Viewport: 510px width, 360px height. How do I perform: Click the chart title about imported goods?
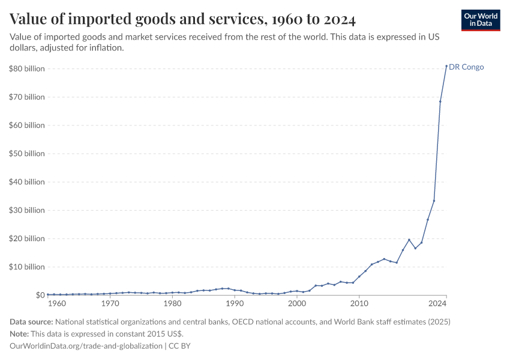pyautogui.click(x=183, y=20)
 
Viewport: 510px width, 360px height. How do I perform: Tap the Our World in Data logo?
pyautogui.click(x=481, y=20)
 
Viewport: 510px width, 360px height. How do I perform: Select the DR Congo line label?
pyautogui.click(x=466, y=67)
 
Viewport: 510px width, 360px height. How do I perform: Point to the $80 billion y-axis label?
pyautogui.click(x=27, y=69)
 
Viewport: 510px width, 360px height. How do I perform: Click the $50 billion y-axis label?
pyautogui.click(x=27, y=154)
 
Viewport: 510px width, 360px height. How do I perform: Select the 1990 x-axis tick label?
pyautogui.click(x=235, y=304)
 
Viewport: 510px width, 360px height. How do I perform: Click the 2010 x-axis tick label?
pyautogui.click(x=359, y=304)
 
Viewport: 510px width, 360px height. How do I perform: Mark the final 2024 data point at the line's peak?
pyautogui.click(x=446, y=66)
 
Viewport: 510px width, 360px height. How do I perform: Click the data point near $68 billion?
pyautogui.click(x=440, y=101)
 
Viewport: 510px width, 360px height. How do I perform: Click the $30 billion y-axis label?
pyautogui.click(x=27, y=210)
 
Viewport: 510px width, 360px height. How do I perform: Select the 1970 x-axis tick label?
pyautogui.click(x=110, y=304)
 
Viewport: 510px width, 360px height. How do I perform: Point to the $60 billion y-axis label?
pyautogui.click(x=27, y=125)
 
